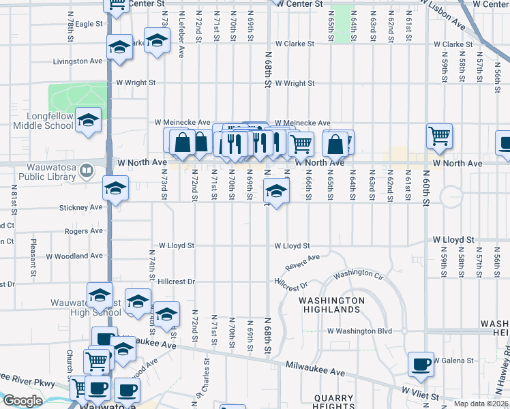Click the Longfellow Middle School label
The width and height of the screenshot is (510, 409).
point(42,121)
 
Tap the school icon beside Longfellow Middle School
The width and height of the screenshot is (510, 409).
point(89,121)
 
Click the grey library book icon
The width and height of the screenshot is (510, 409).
point(86,170)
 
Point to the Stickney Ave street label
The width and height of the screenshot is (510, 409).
point(80,207)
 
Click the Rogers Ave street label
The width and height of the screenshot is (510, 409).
point(83,232)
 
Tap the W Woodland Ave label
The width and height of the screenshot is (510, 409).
point(79,256)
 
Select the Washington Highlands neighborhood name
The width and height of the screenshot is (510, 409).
point(331,305)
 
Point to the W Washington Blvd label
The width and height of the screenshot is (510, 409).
point(359,331)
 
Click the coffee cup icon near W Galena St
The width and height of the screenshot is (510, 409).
point(421,363)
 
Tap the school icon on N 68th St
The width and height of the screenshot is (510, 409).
point(275,192)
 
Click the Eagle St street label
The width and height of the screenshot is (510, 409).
point(89,24)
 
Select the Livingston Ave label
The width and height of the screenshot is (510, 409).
point(78,61)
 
